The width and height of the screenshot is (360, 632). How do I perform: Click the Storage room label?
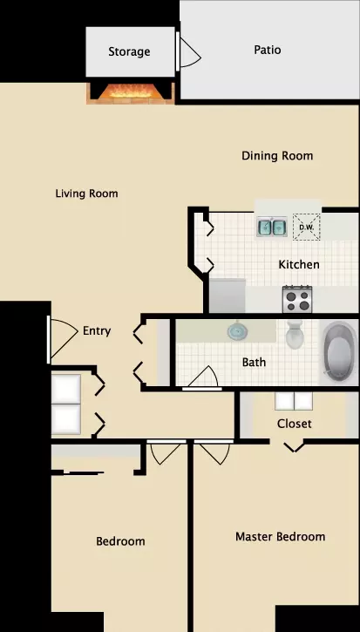[129, 52]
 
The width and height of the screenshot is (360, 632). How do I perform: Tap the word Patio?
[268, 50]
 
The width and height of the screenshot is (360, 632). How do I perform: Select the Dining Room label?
[277, 156]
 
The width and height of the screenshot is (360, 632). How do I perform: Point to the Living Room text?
[86, 194]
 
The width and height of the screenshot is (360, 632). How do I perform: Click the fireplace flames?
[132, 92]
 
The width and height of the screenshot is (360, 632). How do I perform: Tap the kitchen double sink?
[272, 227]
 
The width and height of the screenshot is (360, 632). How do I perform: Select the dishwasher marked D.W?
[306, 227]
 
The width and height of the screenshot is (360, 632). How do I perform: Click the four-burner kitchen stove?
[297, 300]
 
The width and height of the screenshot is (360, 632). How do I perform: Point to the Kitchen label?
[299, 265]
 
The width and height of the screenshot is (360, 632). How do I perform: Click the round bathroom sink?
[236, 331]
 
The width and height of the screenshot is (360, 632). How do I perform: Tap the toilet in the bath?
[295, 334]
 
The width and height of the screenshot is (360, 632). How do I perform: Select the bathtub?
[339, 353]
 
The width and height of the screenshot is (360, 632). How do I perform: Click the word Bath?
[254, 363]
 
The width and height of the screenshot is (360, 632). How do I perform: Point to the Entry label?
[97, 331]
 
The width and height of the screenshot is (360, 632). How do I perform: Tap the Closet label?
[295, 424]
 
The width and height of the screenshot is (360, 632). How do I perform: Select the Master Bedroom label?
[280, 537]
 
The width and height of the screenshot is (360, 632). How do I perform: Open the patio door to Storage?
[190, 52]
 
